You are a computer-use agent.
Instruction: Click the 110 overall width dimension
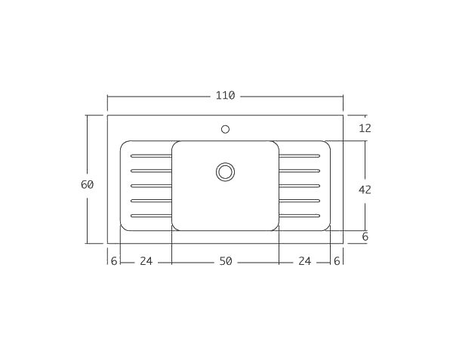pos(225,96)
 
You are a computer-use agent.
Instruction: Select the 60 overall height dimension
pos(87,185)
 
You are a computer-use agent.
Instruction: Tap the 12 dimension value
pos(365,128)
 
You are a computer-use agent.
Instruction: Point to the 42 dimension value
pos(365,190)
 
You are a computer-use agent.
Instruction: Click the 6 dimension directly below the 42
pos(365,237)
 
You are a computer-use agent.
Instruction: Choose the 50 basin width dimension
pos(225,261)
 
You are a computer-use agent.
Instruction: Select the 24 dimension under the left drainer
pos(146,261)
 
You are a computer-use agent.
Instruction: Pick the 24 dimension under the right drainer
pos(304,261)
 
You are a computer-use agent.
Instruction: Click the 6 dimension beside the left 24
pos(114,261)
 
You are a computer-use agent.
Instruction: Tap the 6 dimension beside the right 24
pos(337,261)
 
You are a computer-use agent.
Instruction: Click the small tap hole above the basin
pos(225,129)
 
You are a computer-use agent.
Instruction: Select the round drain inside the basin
pos(225,171)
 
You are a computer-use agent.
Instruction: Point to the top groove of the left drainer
pos(151,155)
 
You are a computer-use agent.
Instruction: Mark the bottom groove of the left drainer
pos(151,216)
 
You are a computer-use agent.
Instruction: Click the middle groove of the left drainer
pos(151,186)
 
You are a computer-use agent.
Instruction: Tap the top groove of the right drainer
pos(300,155)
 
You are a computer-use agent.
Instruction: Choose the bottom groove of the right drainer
pos(300,216)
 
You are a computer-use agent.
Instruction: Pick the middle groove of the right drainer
pos(300,186)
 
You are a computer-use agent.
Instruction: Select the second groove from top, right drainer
pos(300,171)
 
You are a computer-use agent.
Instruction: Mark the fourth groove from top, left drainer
pos(151,201)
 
